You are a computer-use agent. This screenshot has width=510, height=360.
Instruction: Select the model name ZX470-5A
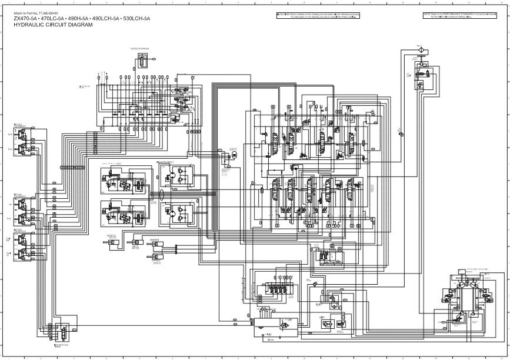(26, 19)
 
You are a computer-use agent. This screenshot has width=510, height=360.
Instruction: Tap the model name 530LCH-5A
(136, 19)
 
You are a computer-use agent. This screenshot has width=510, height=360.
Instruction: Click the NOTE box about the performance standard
(464, 15)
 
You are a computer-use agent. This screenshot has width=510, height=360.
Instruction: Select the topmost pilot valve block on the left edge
(22, 139)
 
